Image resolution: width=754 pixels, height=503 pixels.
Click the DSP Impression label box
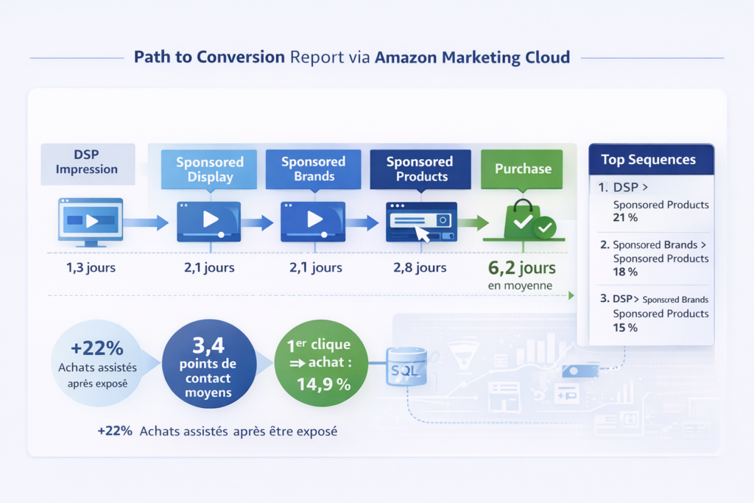[x=88, y=162]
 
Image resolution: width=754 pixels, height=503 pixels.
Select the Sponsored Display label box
[x=210, y=169]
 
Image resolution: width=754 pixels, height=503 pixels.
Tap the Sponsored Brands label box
[x=313, y=169]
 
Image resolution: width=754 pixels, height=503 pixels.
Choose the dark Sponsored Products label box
[x=419, y=169]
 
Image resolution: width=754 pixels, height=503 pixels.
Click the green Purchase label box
[x=523, y=169]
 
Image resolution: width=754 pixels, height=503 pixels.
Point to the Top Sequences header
[x=648, y=160]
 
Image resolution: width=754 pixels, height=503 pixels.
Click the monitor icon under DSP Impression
[x=91, y=221]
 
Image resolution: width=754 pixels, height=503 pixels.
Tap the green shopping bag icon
[x=524, y=219]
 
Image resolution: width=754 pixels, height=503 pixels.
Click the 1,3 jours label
[x=91, y=267]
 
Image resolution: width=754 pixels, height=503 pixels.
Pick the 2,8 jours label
[x=420, y=267]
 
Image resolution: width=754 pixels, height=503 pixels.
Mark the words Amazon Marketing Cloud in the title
[x=472, y=57]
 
